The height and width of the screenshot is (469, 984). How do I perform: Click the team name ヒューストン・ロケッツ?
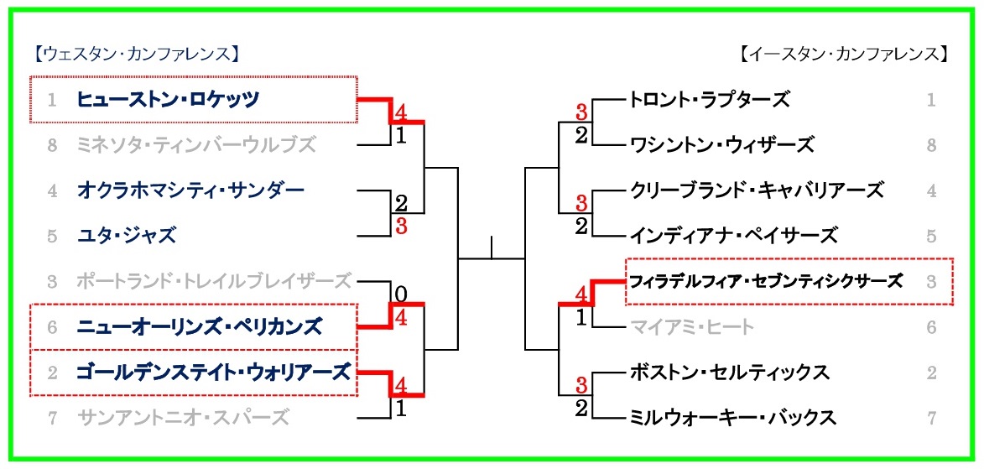pos(168,100)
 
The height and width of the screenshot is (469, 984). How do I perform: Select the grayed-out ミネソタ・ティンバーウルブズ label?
pos(196,145)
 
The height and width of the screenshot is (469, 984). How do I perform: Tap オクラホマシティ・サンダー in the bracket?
pos(190,190)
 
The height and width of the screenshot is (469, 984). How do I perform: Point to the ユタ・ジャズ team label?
pos(127,236)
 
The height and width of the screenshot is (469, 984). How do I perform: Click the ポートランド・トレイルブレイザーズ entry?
pos(213,280)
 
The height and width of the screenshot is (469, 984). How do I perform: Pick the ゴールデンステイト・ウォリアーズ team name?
pos(213,371)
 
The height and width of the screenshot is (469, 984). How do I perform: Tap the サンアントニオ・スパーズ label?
pos(183,416)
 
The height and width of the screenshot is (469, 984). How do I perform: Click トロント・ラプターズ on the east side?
pos(710,100)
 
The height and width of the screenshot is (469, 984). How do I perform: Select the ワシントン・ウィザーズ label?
pos(721,145)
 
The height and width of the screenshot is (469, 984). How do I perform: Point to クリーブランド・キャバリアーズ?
pos(757,190)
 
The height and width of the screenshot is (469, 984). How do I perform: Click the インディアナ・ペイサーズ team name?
pos(733,236)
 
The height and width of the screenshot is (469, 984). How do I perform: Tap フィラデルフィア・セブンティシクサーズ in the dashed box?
pos(767,281)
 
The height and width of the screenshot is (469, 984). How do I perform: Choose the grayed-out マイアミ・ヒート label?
pos(692,326)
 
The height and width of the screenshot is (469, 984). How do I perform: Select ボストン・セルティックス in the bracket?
pos(729,372)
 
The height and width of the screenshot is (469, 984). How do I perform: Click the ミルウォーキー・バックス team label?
pos(732,417)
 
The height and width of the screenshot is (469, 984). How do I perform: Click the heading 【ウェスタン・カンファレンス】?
pos(138,55)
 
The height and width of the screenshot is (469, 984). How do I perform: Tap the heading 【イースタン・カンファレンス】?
pos(843,55)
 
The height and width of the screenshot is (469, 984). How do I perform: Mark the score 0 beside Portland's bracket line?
pos(400,294)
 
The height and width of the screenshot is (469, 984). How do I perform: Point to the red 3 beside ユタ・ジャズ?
pos(401,226)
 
